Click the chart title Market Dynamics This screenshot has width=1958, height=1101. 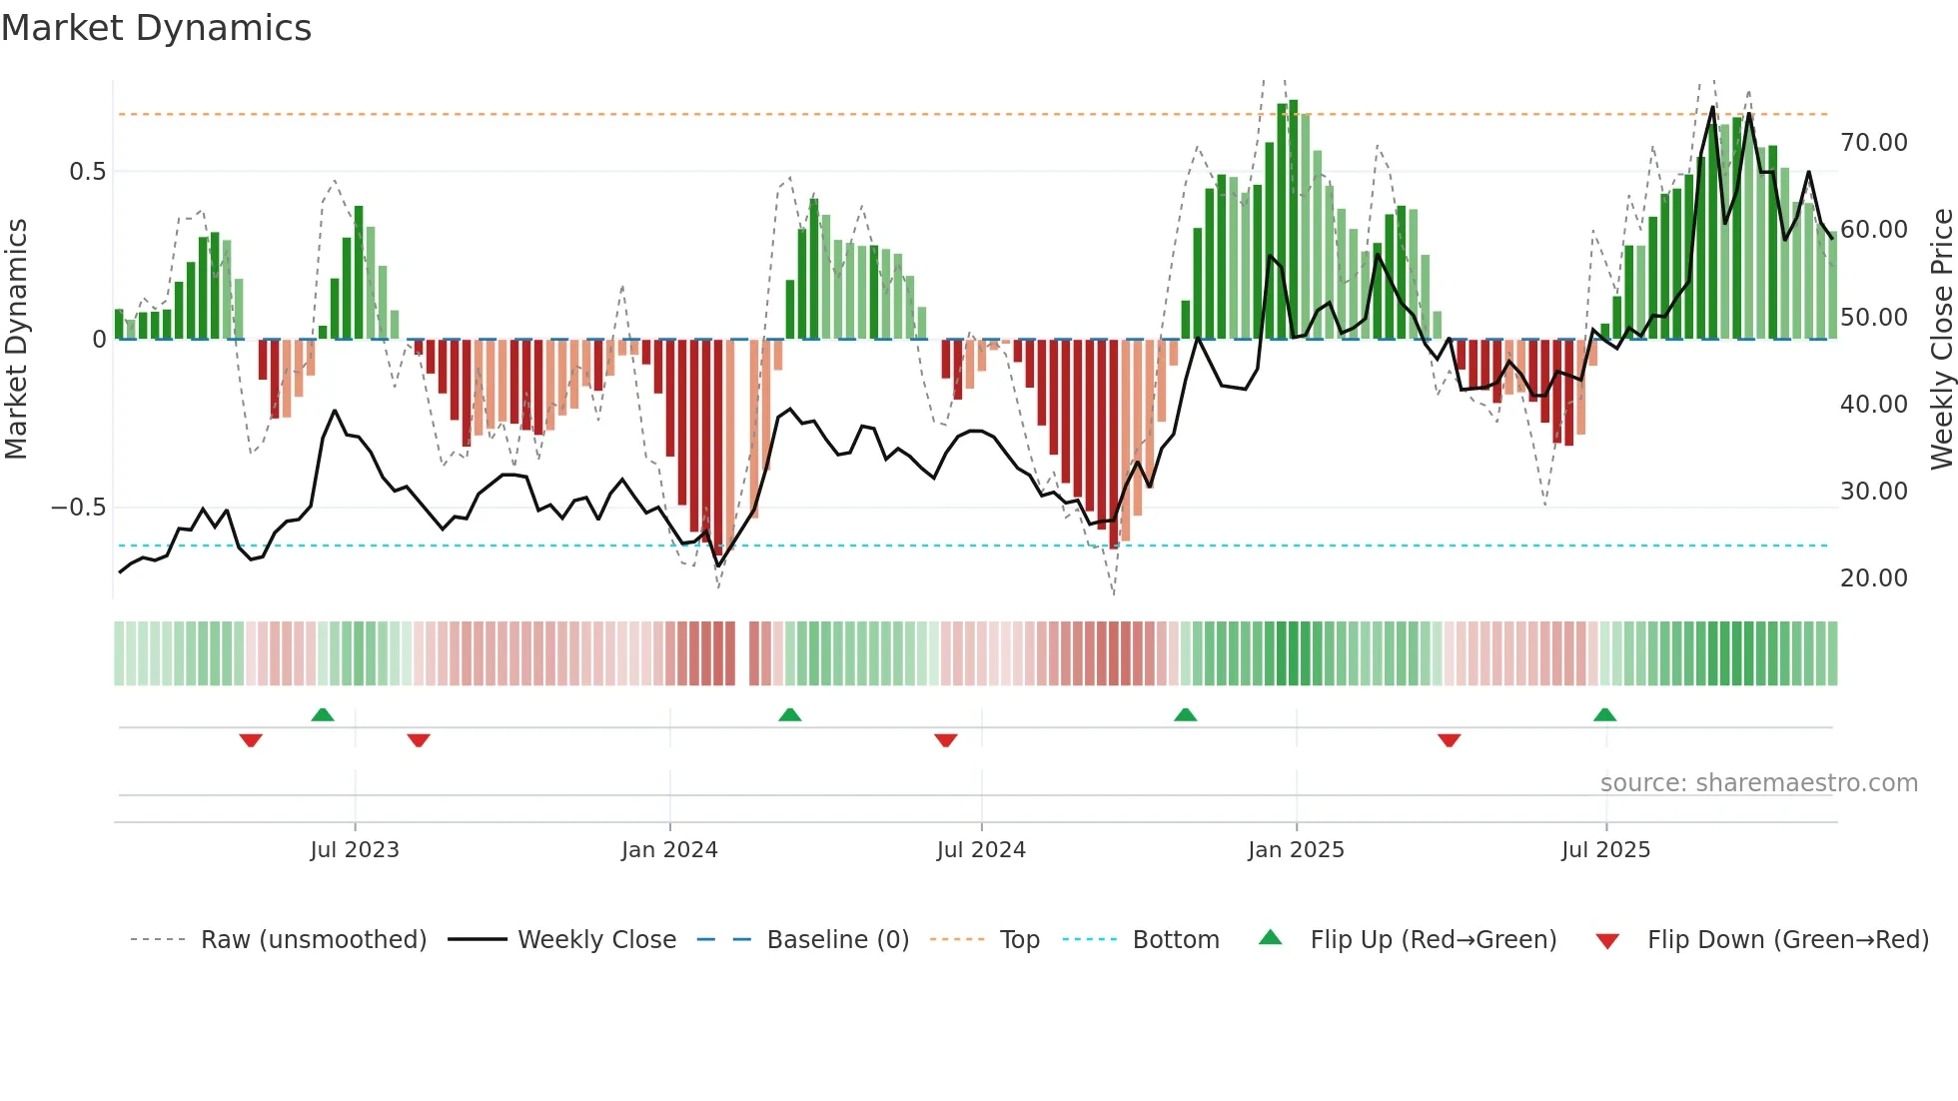click(x=156, y=28)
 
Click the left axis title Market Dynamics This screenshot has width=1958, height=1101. click(x=16, y=339)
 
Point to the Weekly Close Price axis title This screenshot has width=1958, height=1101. click(x=1941, y=339)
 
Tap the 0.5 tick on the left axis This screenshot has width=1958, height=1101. click(x=87, y=172)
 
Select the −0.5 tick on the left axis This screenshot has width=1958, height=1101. click(x=78, y=508)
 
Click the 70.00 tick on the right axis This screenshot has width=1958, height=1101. click(x=1873, y=143)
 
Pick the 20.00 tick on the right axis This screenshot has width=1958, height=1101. click(x=1873, y=578)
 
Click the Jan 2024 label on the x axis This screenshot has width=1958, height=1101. click(x=669, y=850)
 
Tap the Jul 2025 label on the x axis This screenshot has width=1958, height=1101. click(x=1605, y=850)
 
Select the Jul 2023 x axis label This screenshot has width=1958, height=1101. click(x=355, y=850)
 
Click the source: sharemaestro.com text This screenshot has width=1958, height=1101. click(x=1758, y=783)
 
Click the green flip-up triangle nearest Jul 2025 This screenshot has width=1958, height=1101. click(x=1604, y=715)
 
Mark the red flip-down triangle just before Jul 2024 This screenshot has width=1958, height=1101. click(x=945, y=740)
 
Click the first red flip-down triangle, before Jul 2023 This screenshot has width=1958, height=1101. click(x=251, y=740)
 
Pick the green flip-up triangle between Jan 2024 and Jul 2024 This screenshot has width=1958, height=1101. click(x=789, y=715)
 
